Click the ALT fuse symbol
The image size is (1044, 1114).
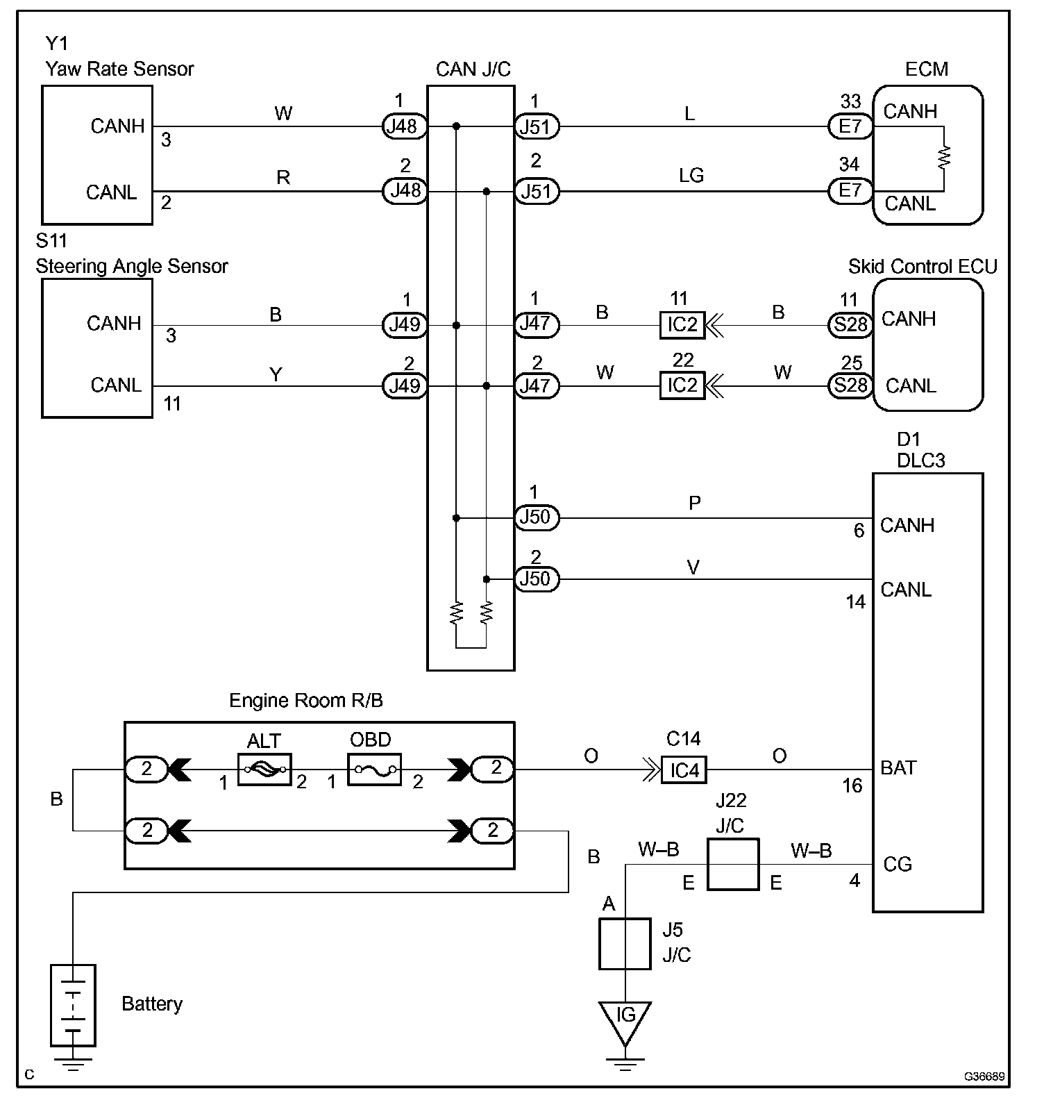coord(264,770)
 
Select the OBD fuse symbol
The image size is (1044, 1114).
coord(374,770)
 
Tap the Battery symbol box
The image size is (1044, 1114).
coord(73,1005)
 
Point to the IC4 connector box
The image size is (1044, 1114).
coord(684,770)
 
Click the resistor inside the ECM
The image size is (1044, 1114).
coord(943,158)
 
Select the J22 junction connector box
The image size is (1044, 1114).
coord(733,864)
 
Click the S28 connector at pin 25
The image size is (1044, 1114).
coord(850,385)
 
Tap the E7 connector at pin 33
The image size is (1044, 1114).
coord(850,126)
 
